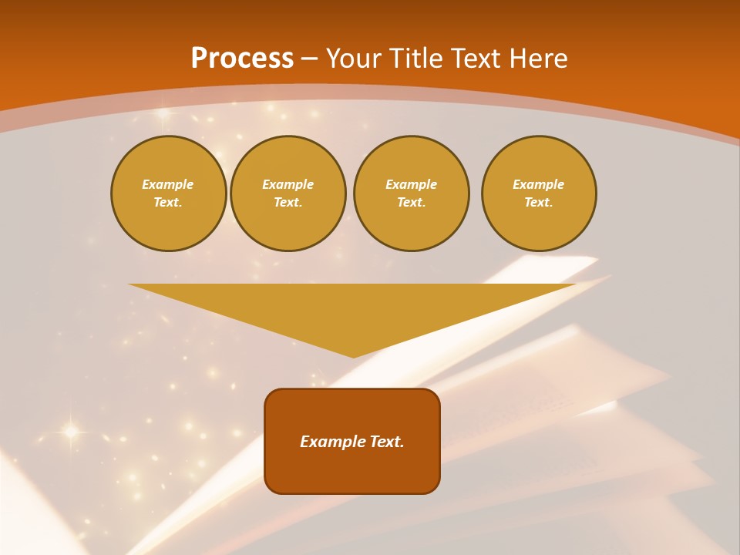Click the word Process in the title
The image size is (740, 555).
click(x=242, y=59)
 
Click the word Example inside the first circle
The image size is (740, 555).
click(x=168, y=184)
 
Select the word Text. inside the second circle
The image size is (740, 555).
click(x=288, y=203)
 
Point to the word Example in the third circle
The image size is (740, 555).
click(x=411, y=184)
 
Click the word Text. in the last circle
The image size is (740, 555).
click(x=538, y=203)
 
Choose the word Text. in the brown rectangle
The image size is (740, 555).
click(x=386, y=442)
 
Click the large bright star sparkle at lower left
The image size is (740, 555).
click(x=70, y=432)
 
